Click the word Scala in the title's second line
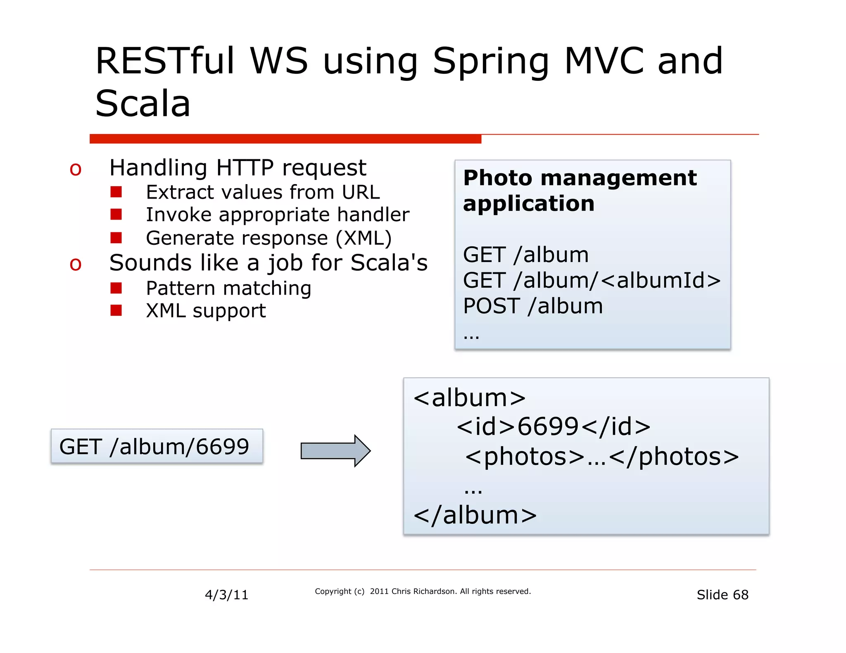click(143, 104)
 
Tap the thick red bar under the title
click(285, 139)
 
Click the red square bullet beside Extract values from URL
click(116, 192)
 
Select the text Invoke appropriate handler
click(277, 215)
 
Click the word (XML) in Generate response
click(364, 238)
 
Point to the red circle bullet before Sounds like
click(76, 264)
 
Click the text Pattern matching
click(228, 288)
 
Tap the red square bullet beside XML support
click(116, 310)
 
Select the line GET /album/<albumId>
click(592, 280)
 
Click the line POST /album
click(533, 306)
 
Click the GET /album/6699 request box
click(157, 447)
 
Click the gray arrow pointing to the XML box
click(335, 451)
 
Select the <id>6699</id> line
click(554, 426)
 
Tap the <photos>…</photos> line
click(601, 457)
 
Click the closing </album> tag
click(475, 515)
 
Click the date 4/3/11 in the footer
click(226, 595)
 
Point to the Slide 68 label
click(722, 595)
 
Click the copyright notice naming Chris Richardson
click(422, 591)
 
